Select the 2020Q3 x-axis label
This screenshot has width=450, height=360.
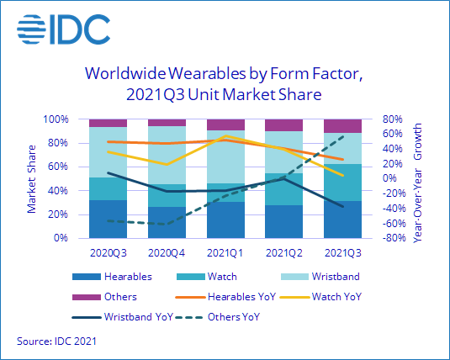pyautogui.click(x=108, y=251)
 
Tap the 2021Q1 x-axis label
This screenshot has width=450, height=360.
pyautogui.click(x=225, y=251)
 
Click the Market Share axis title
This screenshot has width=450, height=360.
pyautogui.click(x=32, y=178)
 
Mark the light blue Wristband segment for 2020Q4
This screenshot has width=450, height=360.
pyautogui.click(x=166, y=155)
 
